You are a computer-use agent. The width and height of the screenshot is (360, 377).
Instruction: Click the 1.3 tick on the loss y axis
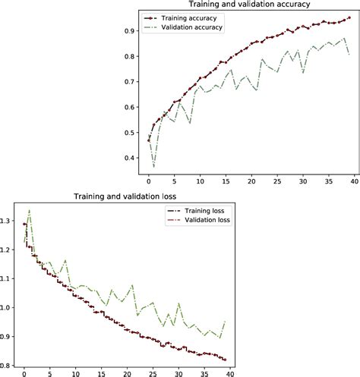coord(8,221)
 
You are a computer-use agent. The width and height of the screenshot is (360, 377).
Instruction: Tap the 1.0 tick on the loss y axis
coord(8,307)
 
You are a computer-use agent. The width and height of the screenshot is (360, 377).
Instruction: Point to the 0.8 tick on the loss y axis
coord(8,365)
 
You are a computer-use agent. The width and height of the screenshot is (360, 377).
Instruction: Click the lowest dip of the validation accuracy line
coord(154,167)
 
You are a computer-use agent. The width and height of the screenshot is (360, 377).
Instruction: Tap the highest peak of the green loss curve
coord(29,210)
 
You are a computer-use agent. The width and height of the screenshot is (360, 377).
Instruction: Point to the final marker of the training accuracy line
coord(349,17)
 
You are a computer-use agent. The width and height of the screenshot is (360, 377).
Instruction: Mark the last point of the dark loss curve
coord(225,360)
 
